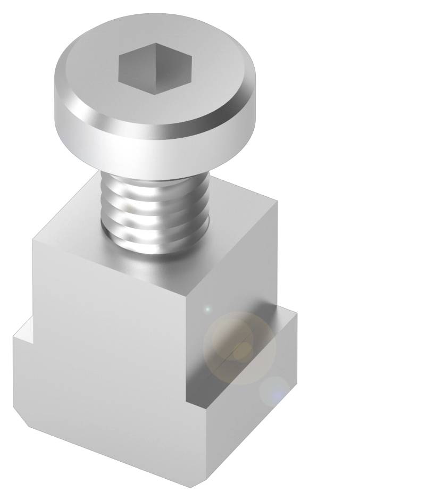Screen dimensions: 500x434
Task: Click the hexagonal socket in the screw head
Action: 155,68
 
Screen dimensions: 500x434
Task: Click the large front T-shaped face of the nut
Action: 106,362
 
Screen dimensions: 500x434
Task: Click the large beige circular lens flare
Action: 240,348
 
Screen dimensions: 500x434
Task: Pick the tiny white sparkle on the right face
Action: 208,309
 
